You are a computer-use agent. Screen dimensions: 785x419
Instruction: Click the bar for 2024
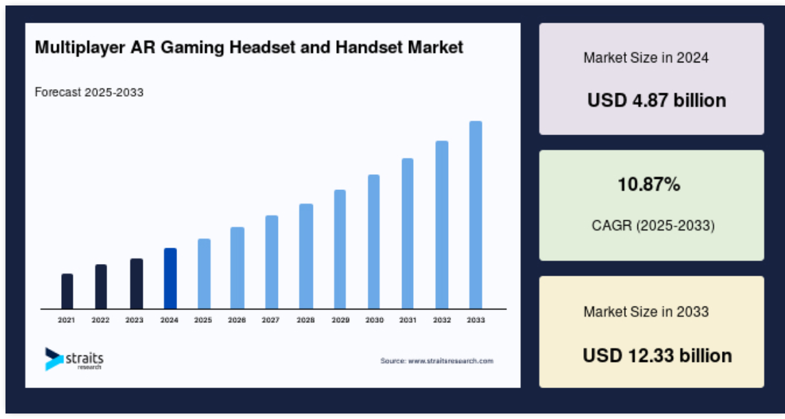click(170, 278)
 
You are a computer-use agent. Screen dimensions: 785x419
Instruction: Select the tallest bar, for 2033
click(476, 215)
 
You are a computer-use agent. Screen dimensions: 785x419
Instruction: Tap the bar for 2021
click(67, 291)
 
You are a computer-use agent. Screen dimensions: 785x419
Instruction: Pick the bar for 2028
click(306, 256)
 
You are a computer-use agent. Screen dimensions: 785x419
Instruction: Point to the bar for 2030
click(373, 242)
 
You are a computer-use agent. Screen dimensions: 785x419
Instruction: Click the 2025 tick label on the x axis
click(203, 320)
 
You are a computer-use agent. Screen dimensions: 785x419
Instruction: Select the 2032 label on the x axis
click(442, 320)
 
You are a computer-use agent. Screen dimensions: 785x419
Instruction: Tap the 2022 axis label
click(100, 320)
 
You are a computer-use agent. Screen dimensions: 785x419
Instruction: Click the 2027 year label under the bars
click(271, 320)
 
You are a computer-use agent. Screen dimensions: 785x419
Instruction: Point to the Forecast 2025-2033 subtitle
click(89, 92)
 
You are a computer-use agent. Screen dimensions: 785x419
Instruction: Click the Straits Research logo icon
click(54, 359)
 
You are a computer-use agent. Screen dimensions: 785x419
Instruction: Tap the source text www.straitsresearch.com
click(451, 361)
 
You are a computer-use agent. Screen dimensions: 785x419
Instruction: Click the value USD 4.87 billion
click(656, 101)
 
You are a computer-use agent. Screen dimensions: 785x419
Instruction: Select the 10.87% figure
click(649, 184)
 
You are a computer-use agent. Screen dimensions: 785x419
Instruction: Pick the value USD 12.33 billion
click(657, 355)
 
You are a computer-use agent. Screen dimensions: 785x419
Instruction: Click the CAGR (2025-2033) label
click(653, 225)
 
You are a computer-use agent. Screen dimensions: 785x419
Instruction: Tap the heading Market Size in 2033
click(646, 312)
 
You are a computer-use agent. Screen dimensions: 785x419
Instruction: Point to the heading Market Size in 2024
click(646, 58)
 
